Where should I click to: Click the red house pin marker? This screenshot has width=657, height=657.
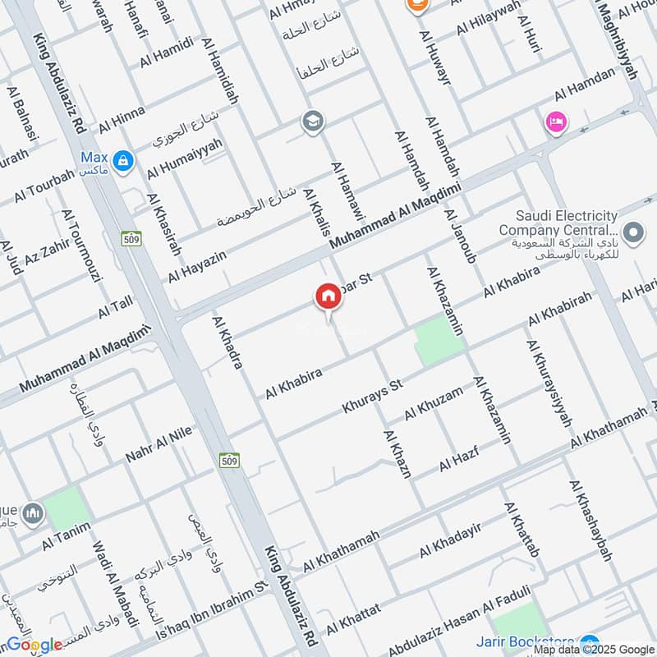coord(328,297)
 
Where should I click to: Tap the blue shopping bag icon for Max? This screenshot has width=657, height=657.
coord(123,160)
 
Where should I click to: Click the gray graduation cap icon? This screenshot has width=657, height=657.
coord(312,122)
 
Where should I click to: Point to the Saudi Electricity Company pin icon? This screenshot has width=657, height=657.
coord(632,233)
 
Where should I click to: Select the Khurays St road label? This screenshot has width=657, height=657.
coord(373,396)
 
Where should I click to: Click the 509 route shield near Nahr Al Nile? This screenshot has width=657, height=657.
coord(229,461)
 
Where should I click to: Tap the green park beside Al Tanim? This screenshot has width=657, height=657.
coord(66,508)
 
